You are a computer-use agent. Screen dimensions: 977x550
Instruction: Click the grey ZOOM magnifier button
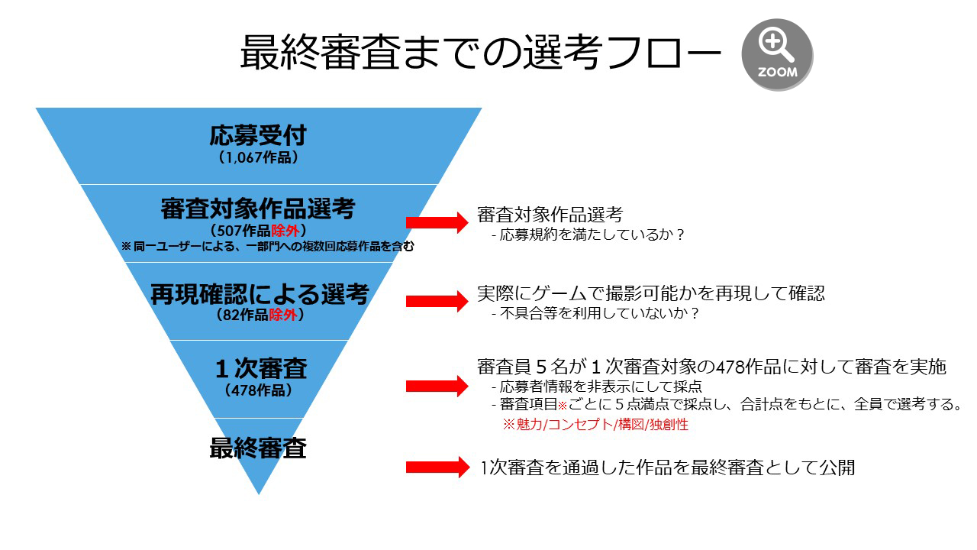coord(777,54)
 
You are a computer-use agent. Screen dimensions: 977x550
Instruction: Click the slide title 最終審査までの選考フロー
coord(481,53)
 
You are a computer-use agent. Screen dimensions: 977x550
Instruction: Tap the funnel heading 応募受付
coord(258,135)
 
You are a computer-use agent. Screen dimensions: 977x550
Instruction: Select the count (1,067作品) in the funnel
coord(258,157)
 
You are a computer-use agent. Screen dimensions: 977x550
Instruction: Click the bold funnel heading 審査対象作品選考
coord(258,209)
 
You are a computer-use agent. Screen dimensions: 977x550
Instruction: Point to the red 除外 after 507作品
coord(285,231)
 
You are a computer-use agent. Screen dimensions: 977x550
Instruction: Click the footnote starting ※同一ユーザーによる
coord(268,247)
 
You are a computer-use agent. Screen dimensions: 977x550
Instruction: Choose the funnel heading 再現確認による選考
coord(260,294)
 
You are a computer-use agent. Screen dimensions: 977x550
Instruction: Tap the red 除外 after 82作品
coord(282,315)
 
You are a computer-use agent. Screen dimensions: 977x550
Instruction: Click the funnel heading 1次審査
coord(261,369)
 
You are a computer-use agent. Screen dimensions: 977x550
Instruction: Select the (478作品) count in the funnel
coord(259,390)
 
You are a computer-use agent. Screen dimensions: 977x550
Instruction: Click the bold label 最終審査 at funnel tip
coord(258,448)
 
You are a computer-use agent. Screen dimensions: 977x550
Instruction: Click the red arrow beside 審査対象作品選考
coord(437,222)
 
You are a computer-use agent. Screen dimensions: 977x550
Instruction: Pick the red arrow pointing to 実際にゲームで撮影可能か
coord(437,301)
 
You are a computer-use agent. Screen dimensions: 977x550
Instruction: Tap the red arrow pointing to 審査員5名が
coord(437,386)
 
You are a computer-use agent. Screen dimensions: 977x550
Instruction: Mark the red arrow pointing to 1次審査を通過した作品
coord(437,467)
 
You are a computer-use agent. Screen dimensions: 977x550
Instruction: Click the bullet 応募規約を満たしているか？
coord(588,235)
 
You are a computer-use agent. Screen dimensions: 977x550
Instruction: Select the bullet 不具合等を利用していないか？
coord(595,313)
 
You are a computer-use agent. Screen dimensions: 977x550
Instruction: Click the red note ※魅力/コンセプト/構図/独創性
coord(595,424)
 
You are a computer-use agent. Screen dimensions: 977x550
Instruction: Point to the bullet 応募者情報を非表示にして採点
coord(597,387)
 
